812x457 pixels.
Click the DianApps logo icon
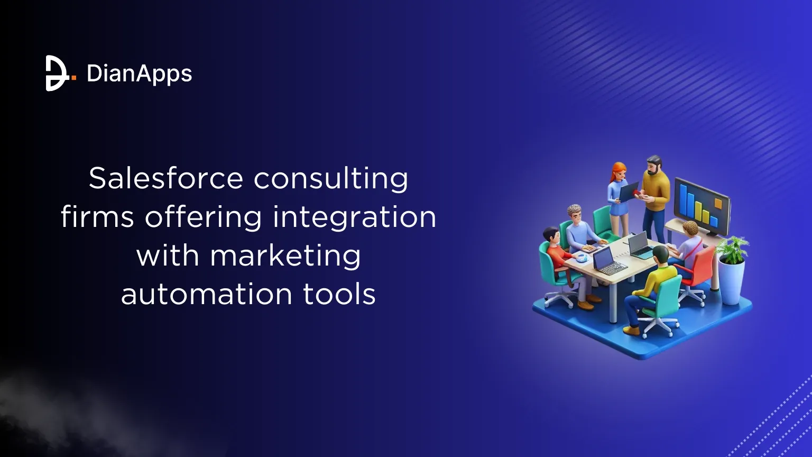(56, 73)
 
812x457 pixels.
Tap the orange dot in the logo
(73, 78)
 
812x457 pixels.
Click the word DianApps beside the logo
(139, 74)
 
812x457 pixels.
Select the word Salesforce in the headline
(165, 178)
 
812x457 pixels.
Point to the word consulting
(331, 179)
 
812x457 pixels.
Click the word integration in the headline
(354, 217)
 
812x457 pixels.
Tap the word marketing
(285, 256)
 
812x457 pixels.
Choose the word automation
(207, 295)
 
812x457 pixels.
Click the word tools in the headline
(339, 295)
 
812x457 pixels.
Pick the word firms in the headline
(97, 217)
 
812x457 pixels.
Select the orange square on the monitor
(717, 204)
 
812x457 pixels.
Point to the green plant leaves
(733, 249)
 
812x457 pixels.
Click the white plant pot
(733, 283)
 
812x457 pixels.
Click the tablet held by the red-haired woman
(629, 191)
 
